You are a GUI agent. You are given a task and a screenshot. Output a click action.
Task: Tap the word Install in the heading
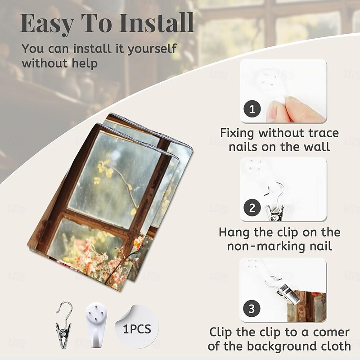coord(156,22)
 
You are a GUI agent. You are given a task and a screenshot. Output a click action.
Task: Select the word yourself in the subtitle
coord(152,49)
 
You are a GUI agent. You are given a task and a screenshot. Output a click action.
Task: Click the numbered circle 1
coord(252,109)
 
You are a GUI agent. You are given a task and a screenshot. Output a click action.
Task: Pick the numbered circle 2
coord(252,207)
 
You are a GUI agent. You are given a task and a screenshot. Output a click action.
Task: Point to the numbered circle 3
coord(252,308)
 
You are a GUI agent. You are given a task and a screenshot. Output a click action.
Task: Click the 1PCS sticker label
coord(137,329)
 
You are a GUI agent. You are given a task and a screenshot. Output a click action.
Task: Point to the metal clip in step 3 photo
coord(285,291)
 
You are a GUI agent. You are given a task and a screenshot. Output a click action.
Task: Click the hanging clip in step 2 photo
coord(275,202)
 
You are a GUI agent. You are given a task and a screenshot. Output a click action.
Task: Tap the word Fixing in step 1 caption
coord(237,133)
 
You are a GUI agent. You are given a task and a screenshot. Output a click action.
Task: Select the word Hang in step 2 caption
coord(234,232)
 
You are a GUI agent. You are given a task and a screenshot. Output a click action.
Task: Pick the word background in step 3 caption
coord(283,346)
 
